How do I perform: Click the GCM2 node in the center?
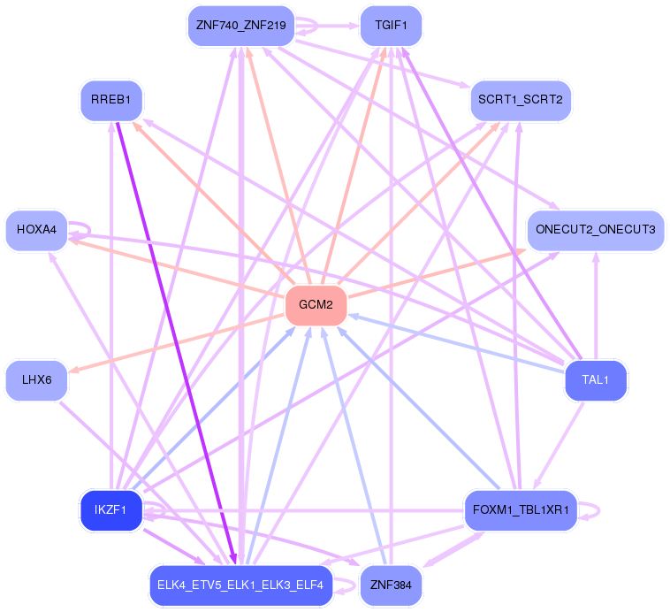pyautogui.click(x=316, y=305)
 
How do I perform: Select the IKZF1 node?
pyautogui.click(x=111, y=510)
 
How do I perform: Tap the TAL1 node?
pyautogui.click(x=596, y=380)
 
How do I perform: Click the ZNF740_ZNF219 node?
pyautogui.click(x=241, y=26)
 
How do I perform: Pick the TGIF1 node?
pyautogui.click(x=391, y=26)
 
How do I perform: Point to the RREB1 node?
pyautogui.click(x=111, y=100)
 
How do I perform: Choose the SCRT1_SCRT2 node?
pyautogui.click(x=521, y=100)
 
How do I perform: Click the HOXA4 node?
pyautogui.click(x=37, y=230)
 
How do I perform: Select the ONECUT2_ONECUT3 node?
pyautogui.click(x=596, y=230)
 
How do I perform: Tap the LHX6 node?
pyautogui.click(x=37, y=380)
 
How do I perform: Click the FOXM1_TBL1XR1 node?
pyautogui.click(x=521, y=510)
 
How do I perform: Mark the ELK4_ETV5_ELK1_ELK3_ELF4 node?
pyautogui.click(x=241, y=585)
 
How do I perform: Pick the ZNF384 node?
pyautogui.click(x=391, y=585)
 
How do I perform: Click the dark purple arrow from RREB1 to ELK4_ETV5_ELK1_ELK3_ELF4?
pyautogui.click(x=176, y=343)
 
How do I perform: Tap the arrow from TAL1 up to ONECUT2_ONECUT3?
pyautogui.click(x=596, y=305)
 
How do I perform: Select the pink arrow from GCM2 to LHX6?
pyautogui.click(x=177, y=343)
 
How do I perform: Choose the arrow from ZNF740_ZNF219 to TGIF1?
pyautogui.click(x=327, y=26)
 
